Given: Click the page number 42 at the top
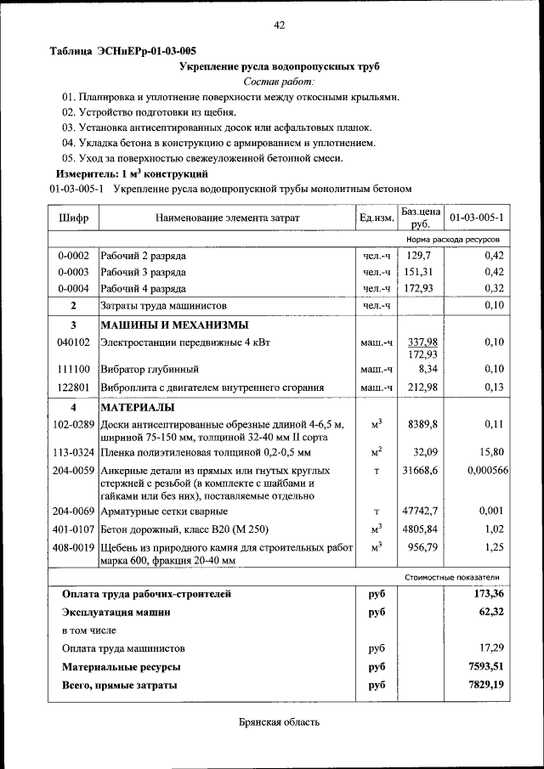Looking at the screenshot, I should [279, 25].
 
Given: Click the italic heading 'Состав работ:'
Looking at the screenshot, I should [279, 82].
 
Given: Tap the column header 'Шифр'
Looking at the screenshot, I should [74, 218].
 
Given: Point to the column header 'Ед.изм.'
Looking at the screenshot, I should [377, 218].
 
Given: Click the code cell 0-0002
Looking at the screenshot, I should [74, 256].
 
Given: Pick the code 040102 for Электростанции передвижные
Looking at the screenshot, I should [74, 342].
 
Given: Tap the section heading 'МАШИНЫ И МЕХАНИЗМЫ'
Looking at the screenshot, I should [174, 325].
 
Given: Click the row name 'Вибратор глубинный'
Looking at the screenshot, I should [150, 370].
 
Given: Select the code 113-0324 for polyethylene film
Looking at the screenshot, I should [74, 452].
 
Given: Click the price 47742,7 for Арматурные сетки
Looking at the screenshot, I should [419, 512].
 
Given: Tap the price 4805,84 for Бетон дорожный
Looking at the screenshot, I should [419, 529].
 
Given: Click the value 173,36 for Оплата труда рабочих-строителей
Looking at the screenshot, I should [489, 593].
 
